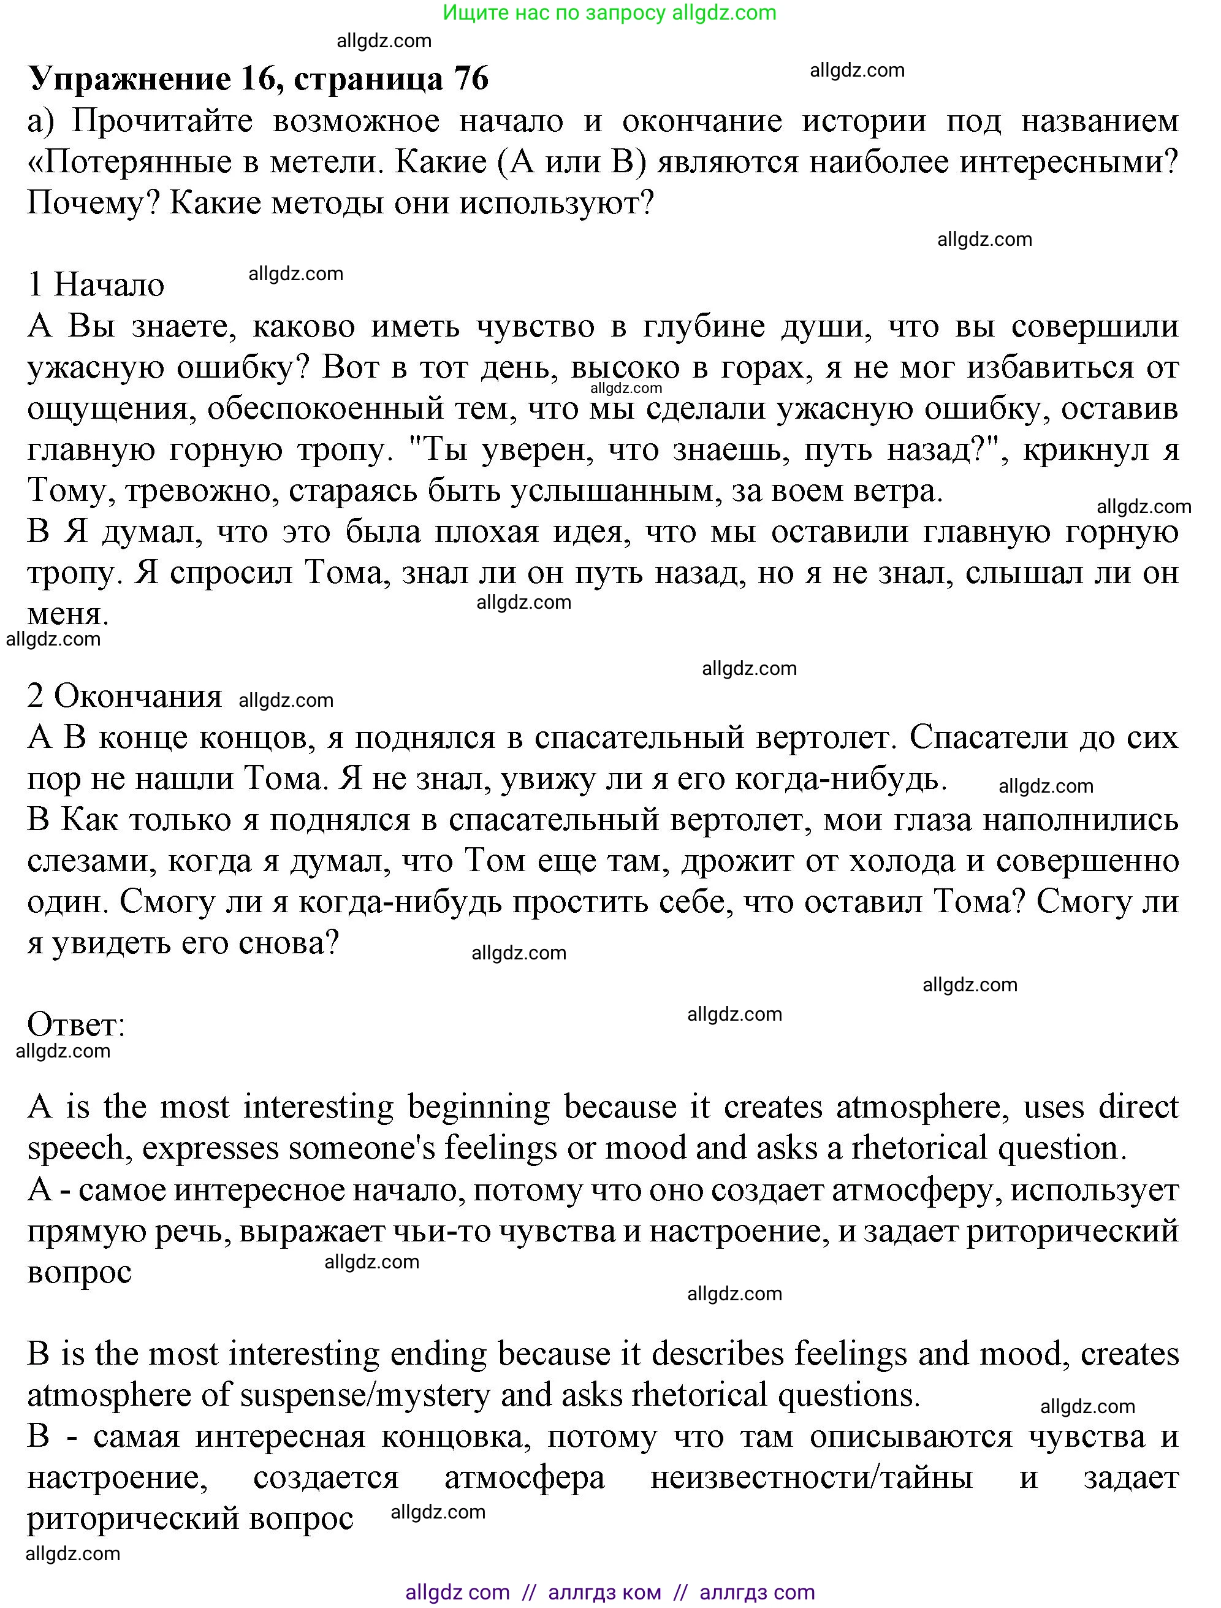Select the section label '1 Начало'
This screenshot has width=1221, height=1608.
pos(96,284)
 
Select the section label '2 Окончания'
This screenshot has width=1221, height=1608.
pos(124,696)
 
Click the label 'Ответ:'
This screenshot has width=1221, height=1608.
pos(76,1026)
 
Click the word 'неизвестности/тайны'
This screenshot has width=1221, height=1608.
pos(811,1479)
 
